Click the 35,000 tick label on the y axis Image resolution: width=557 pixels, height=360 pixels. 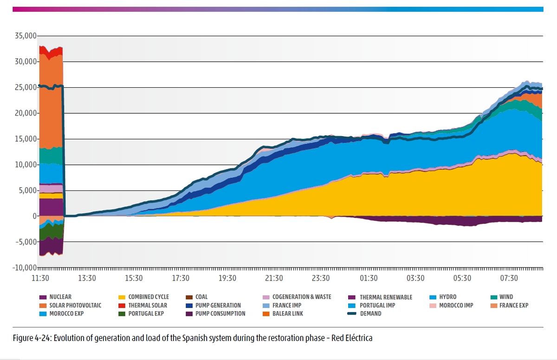(x=26, y=36)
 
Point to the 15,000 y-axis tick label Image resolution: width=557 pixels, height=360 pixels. (x=26, y=139)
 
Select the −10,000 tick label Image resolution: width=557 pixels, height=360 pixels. (x=24, y=268)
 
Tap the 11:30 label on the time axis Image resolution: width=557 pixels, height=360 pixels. (x=40, y=278)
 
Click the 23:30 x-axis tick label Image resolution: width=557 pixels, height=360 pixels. (x=321, y=278)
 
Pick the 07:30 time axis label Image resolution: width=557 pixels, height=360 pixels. (x=509, y=278)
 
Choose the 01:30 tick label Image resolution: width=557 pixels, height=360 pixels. (x=368, y=278)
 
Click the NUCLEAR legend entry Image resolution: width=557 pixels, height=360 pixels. (x=60, y=297)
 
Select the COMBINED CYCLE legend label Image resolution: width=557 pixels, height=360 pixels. (x=149, y=297)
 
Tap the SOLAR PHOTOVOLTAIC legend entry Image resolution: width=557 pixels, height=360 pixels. (x=75, y=305)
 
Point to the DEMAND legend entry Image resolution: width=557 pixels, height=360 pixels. (x=370, y=314)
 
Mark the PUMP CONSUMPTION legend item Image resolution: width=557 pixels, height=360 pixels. (x=220, y=314)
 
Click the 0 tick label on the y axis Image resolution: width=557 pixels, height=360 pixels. (x=34, y=216)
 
